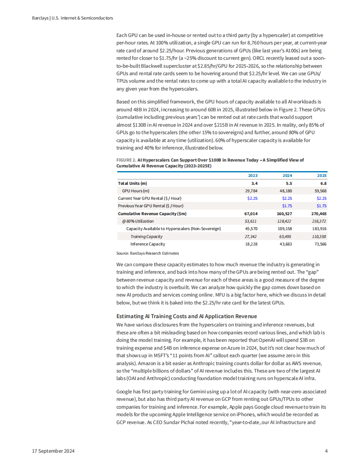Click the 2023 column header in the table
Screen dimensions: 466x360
(252, 176)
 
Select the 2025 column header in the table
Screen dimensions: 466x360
(321, 176)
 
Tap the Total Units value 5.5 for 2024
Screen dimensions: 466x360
(288, 183)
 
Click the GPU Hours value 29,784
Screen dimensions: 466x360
(251, 191)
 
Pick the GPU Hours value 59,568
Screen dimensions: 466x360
(319, 191)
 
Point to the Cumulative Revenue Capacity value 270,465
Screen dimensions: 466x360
(318, 213)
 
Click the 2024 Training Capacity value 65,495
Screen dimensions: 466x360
(286, 236)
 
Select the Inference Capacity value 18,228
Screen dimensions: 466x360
(251, 244)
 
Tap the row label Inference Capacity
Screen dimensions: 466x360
(148, 244)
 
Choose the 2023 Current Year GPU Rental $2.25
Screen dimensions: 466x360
(252, 198)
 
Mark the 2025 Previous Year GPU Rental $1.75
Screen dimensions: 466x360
(321, 206)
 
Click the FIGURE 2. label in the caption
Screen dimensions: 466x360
(126, 160)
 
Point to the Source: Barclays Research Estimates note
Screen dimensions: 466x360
(148, 253)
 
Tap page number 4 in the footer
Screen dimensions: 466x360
(326, 451)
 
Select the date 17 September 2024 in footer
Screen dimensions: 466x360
(54, 451)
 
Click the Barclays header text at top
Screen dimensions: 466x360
(72, 18)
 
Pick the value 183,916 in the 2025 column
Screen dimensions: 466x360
(318, 229)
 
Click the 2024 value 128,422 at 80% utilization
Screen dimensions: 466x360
(285, 221)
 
